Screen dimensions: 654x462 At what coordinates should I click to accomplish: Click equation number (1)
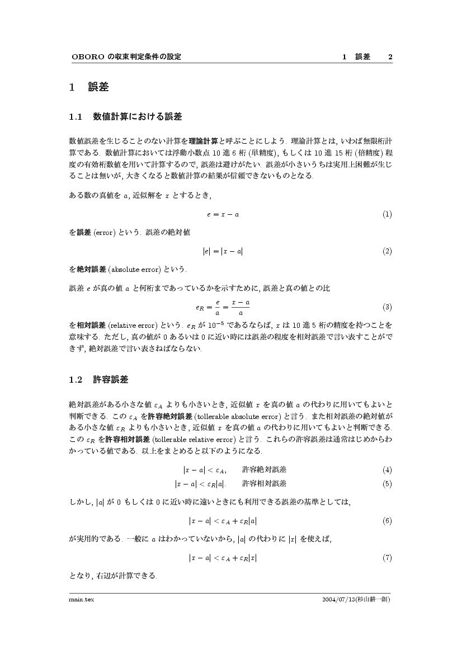386,214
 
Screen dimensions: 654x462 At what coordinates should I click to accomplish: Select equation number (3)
386,307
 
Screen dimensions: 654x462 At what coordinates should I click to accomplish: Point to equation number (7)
386,558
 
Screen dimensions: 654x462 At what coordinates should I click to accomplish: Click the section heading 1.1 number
76,117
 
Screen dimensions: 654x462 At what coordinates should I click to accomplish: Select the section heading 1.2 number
76,380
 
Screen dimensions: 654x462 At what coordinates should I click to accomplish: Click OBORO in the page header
84,57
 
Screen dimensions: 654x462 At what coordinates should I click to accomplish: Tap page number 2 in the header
390,57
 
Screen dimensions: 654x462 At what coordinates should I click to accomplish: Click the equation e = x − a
223,214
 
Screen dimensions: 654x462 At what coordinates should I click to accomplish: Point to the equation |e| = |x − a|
223,252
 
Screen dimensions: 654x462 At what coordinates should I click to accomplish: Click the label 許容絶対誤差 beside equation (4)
264,469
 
